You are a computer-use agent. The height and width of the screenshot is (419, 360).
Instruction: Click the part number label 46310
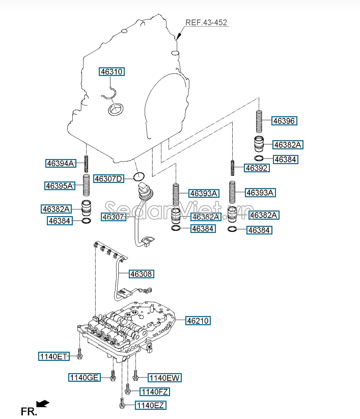pos(112,71)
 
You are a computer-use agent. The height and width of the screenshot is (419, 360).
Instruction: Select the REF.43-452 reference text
pos(206,22)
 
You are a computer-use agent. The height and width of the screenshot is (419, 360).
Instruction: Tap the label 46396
pos(284,121)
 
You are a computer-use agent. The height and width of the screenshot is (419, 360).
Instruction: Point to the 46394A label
pos(61,163)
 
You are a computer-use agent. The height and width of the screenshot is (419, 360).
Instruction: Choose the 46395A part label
pos(60,186)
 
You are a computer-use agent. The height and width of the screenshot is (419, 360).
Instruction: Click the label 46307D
pos(109,178)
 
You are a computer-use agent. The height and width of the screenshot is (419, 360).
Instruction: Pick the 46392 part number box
pos(257,168)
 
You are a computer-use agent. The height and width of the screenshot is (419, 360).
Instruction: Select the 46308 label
pos(141,274)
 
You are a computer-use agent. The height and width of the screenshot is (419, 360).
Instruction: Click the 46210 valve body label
pos(198,321)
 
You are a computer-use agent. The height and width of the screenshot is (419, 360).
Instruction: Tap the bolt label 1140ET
pos(54,356)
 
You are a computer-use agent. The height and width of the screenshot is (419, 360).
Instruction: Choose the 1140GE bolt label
pos(85,377)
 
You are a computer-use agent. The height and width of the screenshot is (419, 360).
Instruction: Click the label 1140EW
pos(164,378)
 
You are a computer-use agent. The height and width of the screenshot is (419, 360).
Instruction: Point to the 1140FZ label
pos(155,392)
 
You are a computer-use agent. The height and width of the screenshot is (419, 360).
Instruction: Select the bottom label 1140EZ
pos(151,405)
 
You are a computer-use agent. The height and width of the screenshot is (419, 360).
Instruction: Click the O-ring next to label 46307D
pos(139,176)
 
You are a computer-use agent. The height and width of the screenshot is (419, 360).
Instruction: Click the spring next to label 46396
pos(259,122)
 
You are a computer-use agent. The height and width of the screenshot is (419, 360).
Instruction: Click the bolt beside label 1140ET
pos(79,354)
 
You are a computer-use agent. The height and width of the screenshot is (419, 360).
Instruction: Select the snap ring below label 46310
pos(110,95)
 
